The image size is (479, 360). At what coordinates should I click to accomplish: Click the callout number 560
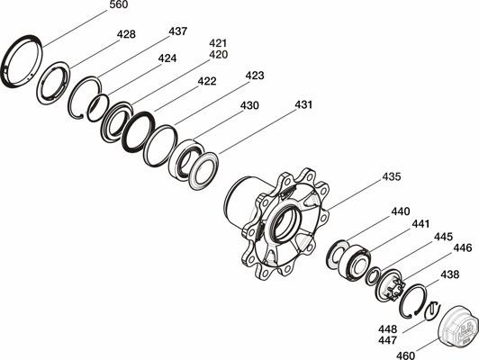tap(119, 4)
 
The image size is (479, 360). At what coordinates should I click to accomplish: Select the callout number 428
tap(126, 34)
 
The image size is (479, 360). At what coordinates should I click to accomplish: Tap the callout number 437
tap(177, 31)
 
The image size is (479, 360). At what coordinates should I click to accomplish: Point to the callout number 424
tap(167, 58)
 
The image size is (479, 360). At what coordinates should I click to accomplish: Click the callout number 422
tap(207, 81)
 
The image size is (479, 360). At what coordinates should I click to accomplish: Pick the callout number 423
tap(255, 76)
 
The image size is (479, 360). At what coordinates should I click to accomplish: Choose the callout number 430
tap(249, 105)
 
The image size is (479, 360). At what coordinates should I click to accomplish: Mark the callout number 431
tap(303, 104)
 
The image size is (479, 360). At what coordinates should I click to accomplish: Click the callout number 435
tap(392, 176)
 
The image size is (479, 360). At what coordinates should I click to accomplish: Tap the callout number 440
tap(401, 211)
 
